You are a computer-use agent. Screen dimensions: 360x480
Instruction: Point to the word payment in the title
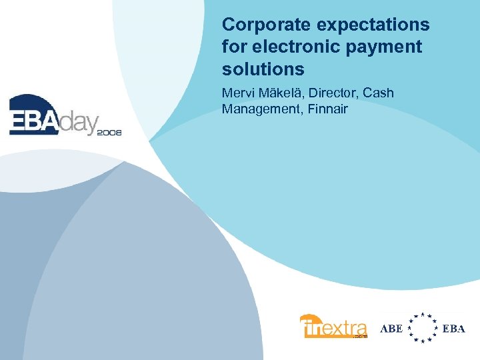pos(390,47)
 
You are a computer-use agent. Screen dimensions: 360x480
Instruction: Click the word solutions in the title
pos(263,69)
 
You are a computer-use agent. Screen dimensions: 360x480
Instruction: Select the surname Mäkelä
pos(280,93)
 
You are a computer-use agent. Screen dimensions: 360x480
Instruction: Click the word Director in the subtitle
pos(333,93)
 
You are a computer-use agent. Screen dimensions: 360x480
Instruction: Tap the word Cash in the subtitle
pos(379,93)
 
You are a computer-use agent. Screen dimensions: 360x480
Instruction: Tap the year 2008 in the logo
pos(109,133)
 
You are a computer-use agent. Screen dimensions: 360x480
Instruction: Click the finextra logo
pos(333,327)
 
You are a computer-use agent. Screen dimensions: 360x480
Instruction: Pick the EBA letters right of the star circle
pos(454,329)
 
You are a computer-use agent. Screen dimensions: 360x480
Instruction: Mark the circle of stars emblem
pos(422,328)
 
